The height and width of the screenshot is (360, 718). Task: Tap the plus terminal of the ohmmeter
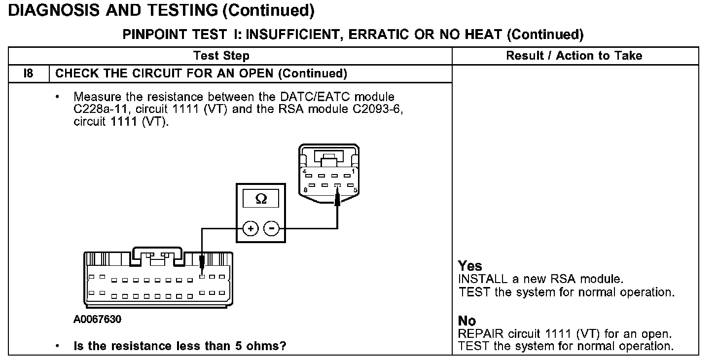click(251, 229)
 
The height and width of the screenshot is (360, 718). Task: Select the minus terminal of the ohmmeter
click(271, 229)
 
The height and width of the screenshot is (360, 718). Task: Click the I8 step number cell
click(28, 73)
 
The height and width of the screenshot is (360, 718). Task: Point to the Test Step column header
click(221, 55)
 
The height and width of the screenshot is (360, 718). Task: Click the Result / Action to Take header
click(574, 55)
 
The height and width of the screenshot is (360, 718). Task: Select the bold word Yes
click(470, 266)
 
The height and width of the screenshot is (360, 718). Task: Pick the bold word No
click(467, 322)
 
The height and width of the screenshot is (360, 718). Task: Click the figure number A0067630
click(98, 319)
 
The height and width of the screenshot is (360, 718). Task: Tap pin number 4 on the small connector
click(305, 172)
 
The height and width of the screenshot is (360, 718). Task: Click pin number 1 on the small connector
click(354, 172)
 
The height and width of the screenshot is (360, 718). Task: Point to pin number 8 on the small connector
click(306, 190)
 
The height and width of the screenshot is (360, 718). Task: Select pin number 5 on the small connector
click(355, 190)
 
